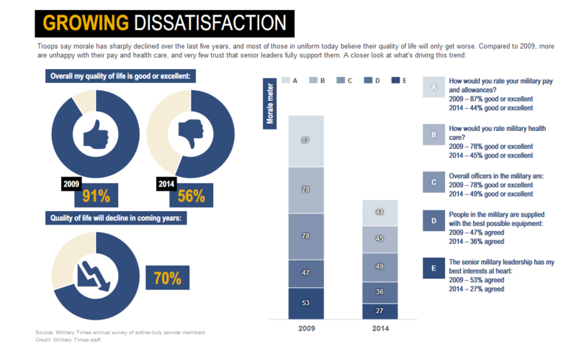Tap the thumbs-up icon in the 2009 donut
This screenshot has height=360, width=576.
pos(94,135)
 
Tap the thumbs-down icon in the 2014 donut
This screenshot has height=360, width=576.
pos(191,135)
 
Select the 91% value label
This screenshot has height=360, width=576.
pos(95,195)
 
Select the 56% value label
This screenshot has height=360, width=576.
pos(191,195)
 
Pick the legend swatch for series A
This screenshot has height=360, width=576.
pos(286,81)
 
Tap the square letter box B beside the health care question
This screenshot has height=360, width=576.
pos(433,134)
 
